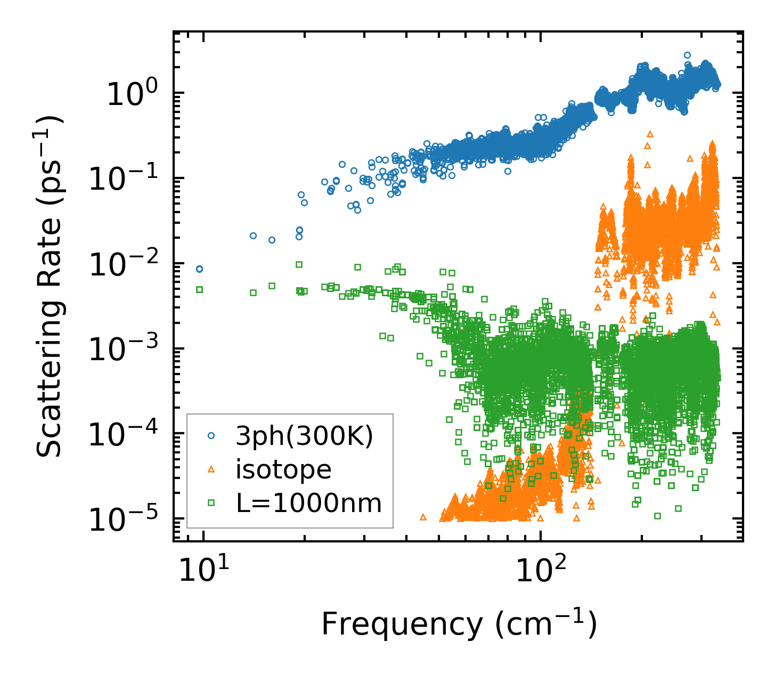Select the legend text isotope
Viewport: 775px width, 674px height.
[x=284, y=469]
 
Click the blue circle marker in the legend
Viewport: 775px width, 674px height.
[x=211, y=436]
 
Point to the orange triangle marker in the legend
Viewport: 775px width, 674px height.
[x=211, y=469]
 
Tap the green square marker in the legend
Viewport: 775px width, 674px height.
[x=211, y=502]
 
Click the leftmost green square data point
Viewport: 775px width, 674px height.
[x=200, y=289]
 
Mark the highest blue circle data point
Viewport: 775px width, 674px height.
[x=687, y=55]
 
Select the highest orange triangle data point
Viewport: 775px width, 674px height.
[x=649, y=134]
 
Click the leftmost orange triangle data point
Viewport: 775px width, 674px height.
[x=423, y=517]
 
